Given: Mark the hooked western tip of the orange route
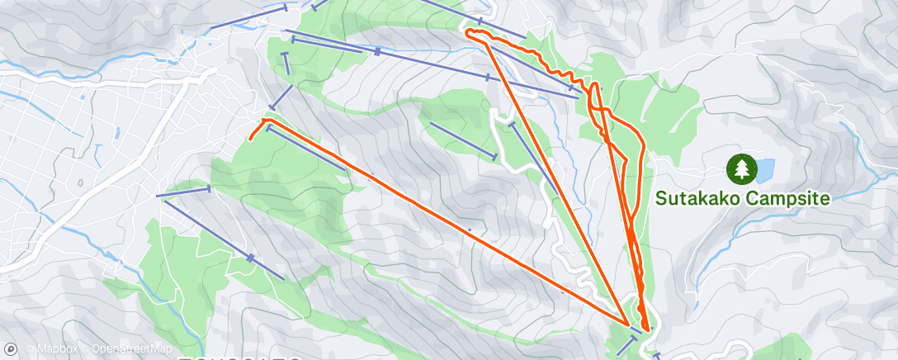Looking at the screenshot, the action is click(x=249, y=137).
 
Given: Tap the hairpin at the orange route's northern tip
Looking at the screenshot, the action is click(x=468, y=32).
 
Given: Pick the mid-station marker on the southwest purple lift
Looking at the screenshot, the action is click(x=250, y=258).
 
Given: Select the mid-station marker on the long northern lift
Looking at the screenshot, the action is click(x=377, y=52).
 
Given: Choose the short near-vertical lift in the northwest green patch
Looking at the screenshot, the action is click(x=286, y=64).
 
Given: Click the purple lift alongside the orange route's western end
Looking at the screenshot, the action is click(x=305, y=149).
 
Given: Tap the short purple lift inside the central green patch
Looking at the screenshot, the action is click(x=462, y=140).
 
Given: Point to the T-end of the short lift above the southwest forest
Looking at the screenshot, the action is click(x=209, y=189).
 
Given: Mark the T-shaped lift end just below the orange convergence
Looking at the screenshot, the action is click(x=633, y=337).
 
